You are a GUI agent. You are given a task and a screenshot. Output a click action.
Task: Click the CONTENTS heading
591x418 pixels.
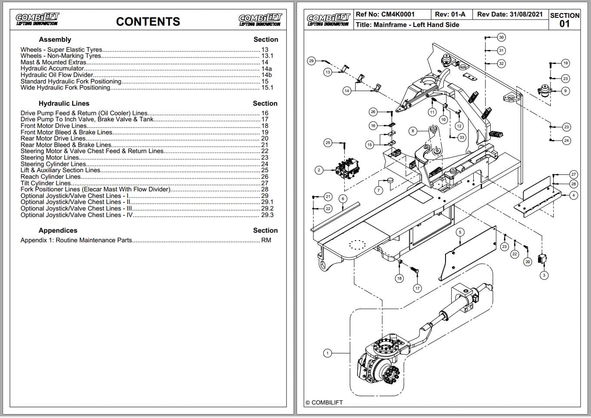pyautogui.click(x=148, y=22)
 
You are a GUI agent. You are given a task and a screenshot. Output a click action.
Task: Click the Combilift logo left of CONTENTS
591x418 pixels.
pyautogui.click(x=37, y=19)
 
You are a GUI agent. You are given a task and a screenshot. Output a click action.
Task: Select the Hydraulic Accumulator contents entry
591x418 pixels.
pyautogui.click(x=53, y=69)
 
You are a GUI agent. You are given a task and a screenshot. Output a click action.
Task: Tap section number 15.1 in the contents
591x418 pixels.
pyautogui.click(x=267, y=88)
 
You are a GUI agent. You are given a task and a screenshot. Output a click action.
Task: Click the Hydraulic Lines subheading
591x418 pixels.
pyautogui.click(x=64, y=104)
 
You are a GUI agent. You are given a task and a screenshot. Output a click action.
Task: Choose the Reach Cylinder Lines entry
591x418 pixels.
pyautogui.click(x=51, y=177)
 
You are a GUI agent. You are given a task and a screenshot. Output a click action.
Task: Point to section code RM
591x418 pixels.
pyautogui.click(x=266, y=240)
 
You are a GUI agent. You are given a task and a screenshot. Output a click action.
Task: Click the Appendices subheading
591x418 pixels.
pyautogui.click(x=58, y=231)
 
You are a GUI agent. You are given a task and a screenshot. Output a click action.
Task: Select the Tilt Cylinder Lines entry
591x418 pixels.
pyautogui.click(x=46, y=183)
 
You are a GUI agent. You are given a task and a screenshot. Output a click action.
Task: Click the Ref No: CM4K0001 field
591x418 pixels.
pyautogui.click(x=385, y=14)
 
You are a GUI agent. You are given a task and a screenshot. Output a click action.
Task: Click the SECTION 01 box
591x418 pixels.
pyautogui.click(x=565, y=20)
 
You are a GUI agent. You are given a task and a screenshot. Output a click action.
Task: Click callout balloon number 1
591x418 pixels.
pyautogui.click(x=327, y=353)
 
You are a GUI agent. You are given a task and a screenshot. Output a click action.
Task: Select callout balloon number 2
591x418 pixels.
pyautogui.click(x=319, y=170)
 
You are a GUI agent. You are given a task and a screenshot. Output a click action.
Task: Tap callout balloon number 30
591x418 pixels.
pyautogui.click(x=501, y=37)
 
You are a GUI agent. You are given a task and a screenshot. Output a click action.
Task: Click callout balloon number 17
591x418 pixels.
pyautogui.click(x=417, y=288)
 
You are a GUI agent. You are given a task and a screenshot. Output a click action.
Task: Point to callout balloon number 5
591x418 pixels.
pyautogui.click(x=460, y=232)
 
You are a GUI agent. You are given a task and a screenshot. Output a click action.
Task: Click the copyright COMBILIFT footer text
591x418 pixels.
pyautogui.click(x=324, y=403)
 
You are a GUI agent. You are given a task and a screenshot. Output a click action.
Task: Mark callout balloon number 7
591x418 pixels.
pyautogui.click(x=379, y=191)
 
